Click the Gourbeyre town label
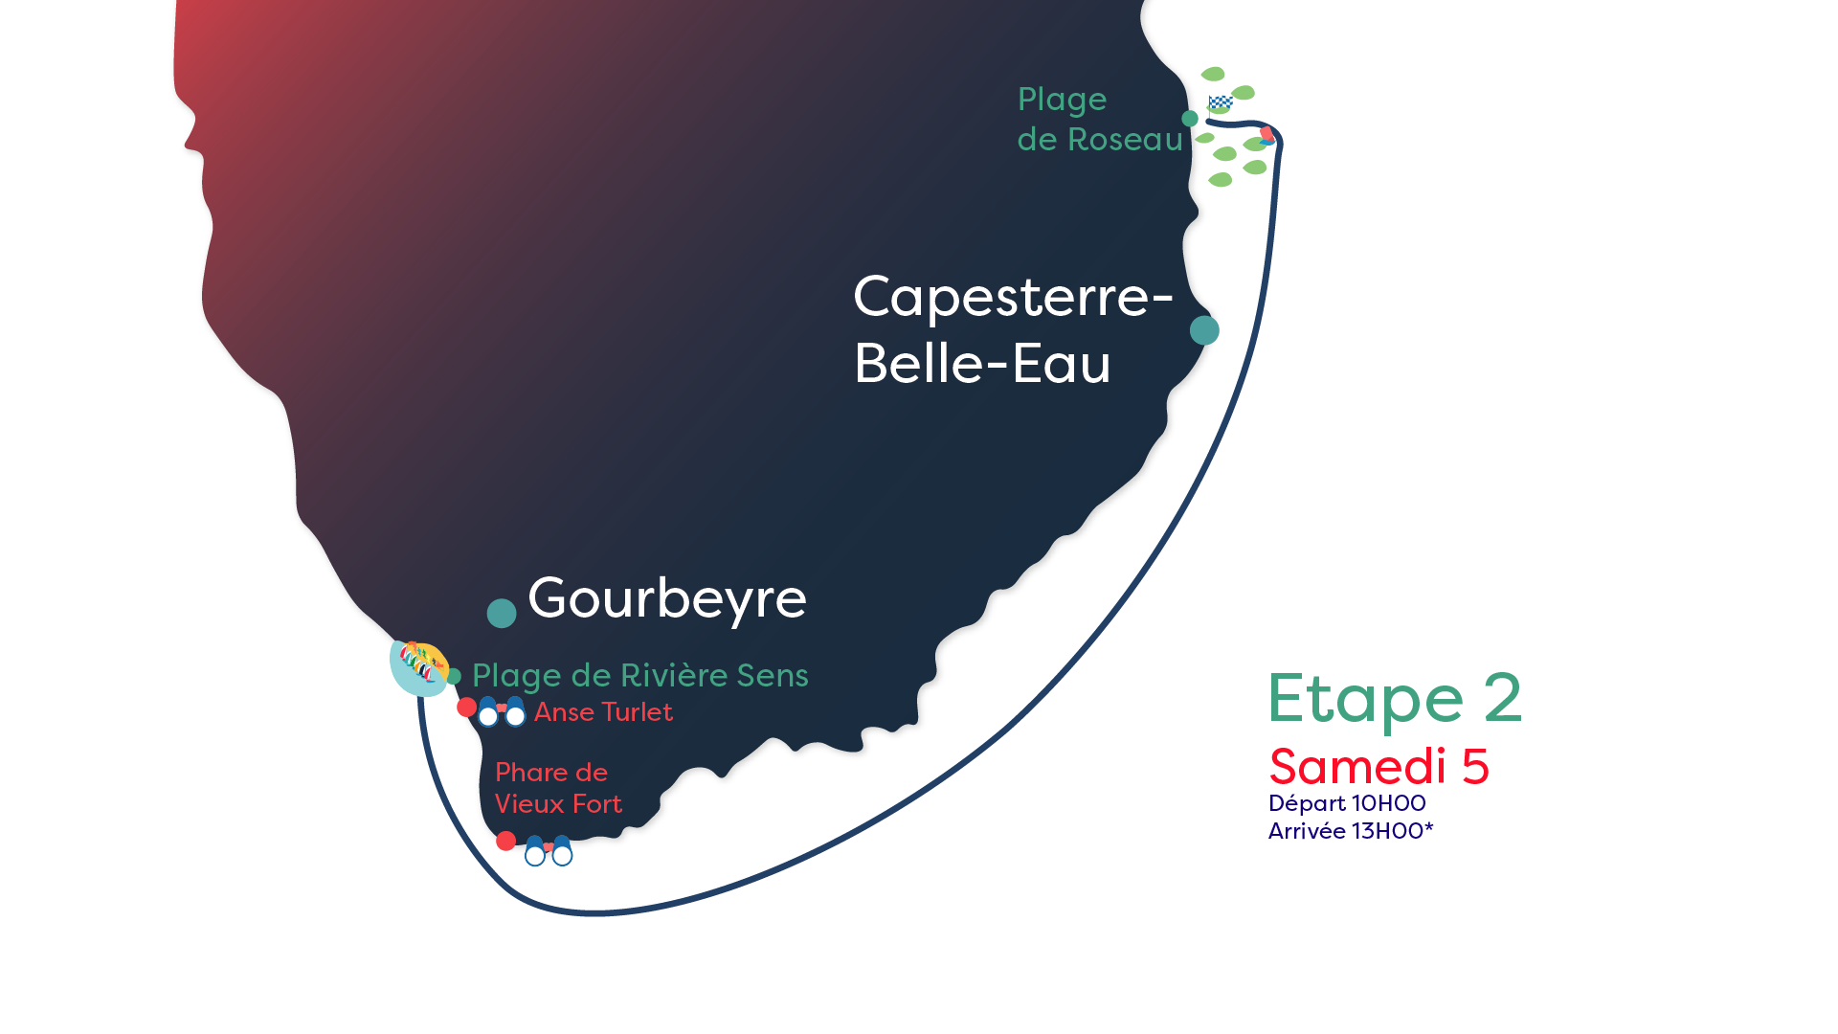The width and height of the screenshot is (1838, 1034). [x=667, y=599]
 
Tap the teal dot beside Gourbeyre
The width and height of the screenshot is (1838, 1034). [x=502, y=613]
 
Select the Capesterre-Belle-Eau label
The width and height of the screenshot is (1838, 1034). [x=1012, y=329]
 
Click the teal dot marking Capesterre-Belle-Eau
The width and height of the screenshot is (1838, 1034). [x=1204, y=330]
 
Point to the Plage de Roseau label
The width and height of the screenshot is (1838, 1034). [x=1099, y=120]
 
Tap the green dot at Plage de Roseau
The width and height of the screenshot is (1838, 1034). [x=1190, y=119]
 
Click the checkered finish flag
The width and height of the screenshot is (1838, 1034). [x=1219, y=102]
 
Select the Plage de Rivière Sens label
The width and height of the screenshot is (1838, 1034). [x=639, y=676]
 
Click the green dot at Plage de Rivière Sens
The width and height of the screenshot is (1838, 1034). [x=454, y=677]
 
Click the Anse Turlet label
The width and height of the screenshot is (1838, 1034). [x=603, y=712]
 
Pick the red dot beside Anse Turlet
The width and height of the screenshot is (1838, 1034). [x=466, y=708]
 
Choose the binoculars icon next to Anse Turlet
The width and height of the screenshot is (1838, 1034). [x=502, y=711]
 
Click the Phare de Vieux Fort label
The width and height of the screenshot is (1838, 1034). [x=558, y=788]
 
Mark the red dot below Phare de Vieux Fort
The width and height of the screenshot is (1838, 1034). [x=506, y=841]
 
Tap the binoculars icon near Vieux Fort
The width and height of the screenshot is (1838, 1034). [x=549, y=851]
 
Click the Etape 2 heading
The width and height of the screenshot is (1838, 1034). [x=1394, y=699]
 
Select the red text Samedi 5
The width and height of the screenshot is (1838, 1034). [x=1378, y=767]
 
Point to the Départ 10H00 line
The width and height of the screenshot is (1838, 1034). [x=1347, y=803]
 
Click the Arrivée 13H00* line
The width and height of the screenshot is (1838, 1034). [x=1351, y=831]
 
